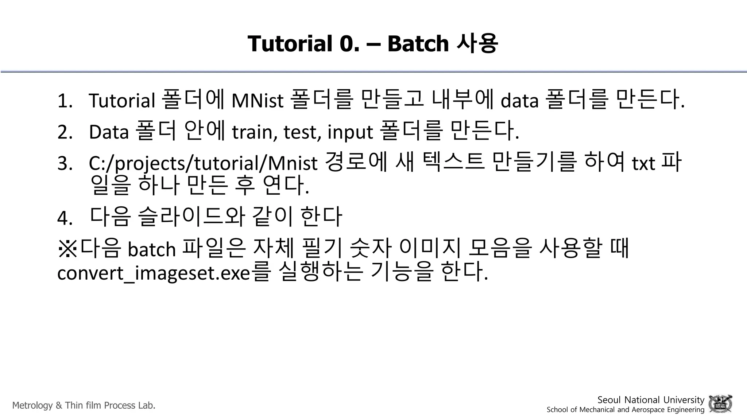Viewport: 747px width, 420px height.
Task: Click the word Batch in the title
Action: click(418, 43)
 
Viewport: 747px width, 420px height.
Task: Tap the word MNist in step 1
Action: click(257, 101)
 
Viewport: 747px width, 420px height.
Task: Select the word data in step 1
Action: click(519, 101)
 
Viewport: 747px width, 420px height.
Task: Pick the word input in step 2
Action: click(350, 132)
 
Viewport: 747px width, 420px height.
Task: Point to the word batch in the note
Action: click(152, 249)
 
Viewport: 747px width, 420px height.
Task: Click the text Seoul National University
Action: click(650, 400)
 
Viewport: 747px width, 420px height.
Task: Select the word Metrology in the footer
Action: click(32, 405)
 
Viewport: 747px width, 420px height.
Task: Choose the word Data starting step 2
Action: click(109, 132)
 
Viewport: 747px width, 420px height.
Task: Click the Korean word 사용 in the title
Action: click(477, 43)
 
